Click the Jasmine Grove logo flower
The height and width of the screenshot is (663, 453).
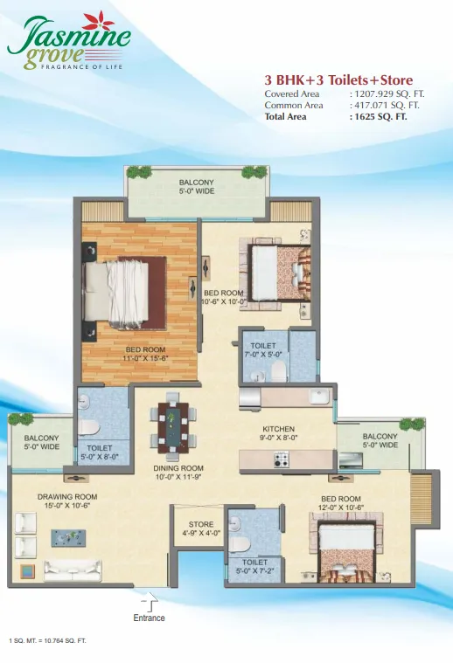(98, 22)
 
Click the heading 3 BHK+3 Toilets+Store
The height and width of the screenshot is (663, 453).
(338, 79)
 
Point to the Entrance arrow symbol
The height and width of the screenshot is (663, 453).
(150, 601)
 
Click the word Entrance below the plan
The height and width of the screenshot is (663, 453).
(149, 618)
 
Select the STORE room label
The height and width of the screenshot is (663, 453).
(201, 524)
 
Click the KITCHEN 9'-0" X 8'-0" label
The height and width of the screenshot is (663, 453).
(278, 433)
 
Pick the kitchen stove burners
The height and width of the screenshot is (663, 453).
(280, 459)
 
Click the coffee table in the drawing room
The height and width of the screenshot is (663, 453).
(68, 537)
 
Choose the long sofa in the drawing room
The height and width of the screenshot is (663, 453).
(73, 570)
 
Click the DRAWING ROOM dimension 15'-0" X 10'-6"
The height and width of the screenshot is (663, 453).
(67, 505)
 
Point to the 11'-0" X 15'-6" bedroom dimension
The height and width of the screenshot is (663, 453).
(145, 358)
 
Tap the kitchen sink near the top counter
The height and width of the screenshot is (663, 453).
(320, 397)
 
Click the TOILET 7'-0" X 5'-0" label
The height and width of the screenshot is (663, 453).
(263, 350)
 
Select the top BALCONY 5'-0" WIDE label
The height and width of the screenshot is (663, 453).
(197, 187)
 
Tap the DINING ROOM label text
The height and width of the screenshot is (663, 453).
(178, 468)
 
